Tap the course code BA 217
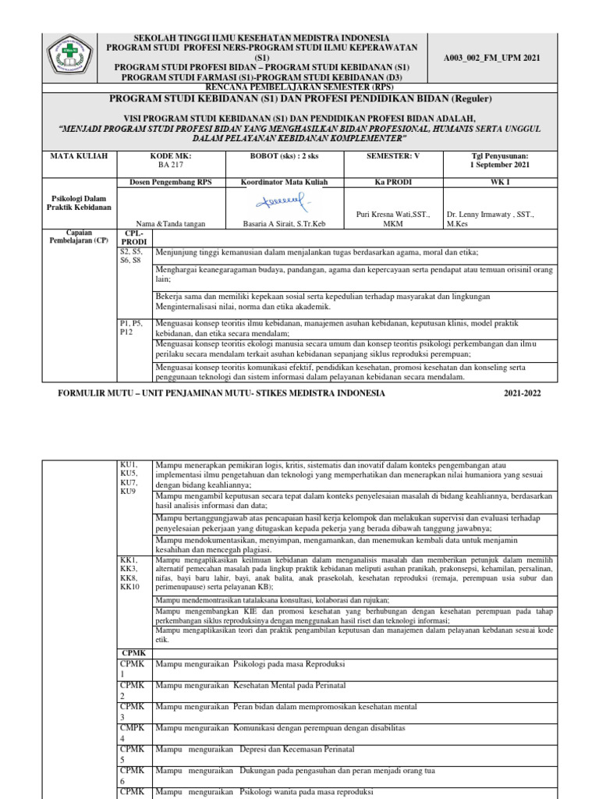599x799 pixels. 169,165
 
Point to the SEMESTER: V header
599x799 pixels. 392,156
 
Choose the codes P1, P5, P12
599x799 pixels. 129,327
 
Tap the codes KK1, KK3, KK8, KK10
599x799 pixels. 129,574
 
